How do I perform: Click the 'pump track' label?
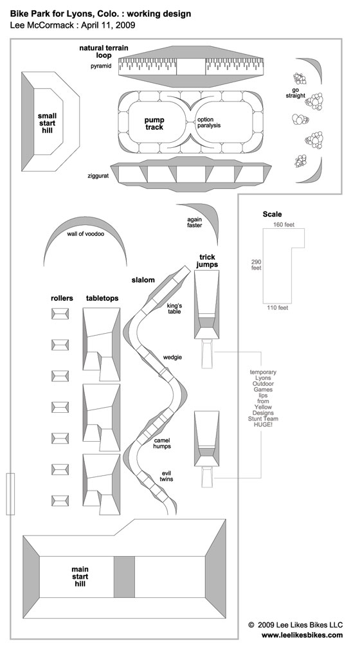(154, 123)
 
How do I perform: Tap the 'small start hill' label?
(47, 123)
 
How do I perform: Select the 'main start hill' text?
(80, 576)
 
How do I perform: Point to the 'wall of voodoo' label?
(85, 233)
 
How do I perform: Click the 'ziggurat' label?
(98, 176)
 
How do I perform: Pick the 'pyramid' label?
(101, 66)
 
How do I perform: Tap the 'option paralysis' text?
(209, 122)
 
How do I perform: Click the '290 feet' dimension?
(256, 265)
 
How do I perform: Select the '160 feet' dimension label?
(283, 224)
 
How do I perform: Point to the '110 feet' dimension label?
(278, 308)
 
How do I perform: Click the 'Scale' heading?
(272, 214)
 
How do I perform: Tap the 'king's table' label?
(174, 309)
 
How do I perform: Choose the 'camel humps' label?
(162, 443)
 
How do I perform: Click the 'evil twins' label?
(166, 476)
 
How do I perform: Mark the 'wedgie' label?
(172, 358)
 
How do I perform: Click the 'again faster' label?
(194, 222)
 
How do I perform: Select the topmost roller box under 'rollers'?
(60, 314)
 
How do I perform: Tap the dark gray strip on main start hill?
(124, 577)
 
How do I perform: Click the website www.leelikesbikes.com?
(302, 635)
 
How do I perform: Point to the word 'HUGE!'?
(263, 424)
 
